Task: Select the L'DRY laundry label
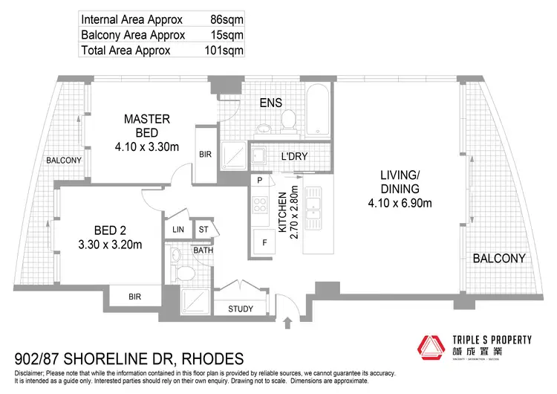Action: click(295, 157)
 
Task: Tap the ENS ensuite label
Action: click(270, 103)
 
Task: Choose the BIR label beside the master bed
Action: click(206, 155)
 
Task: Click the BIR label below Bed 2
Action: click(134, 296)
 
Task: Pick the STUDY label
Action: click(241, 309)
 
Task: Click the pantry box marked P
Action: click(261, 181)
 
